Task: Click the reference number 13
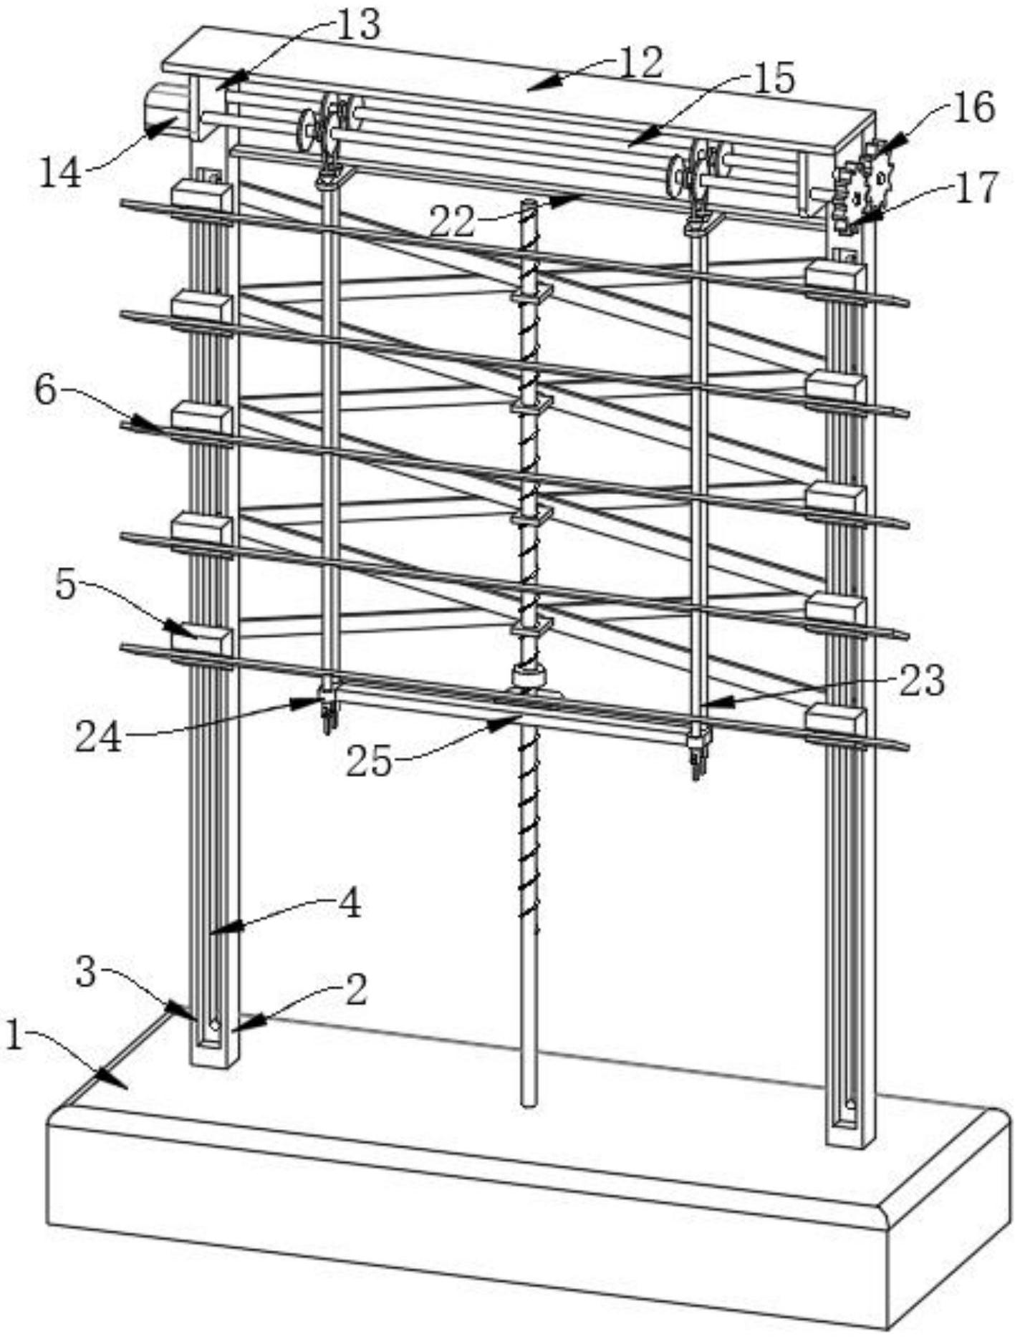coord(357,26)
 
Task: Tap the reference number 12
coord(642,63)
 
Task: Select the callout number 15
coord(773,79)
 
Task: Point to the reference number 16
coord(973,107)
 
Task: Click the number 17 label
coord(976,188)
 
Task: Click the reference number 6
coord(45,392)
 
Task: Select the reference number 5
coord(65,585)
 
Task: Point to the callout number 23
coord(922,681)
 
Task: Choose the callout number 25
coord(370,762)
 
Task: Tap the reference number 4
coord(349,904)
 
